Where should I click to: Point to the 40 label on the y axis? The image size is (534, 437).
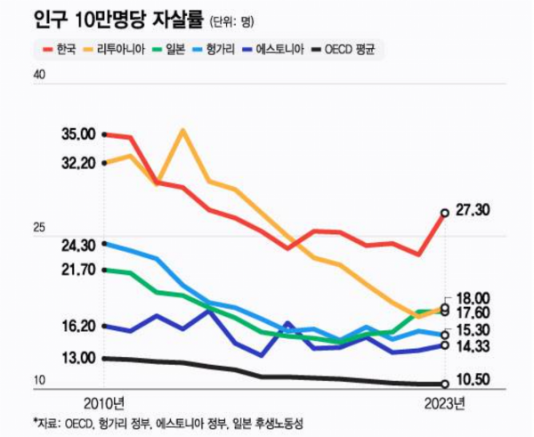click(x=39, y=76)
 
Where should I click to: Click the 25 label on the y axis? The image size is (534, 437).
click(x=39, y=229)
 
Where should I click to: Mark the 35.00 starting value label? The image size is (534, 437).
click(x=78, y=134)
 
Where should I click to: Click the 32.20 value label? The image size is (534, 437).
click(x=78, y=163)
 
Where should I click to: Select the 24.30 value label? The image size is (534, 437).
click(x=78, y=244)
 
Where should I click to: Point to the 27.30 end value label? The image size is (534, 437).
click(x=473, y=210)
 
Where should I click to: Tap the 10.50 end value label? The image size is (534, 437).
click(x=473, y=380)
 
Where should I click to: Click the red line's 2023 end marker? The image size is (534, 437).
click(x=445, y=213)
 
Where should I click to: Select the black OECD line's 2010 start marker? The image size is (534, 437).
click(x=105, y=358)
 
